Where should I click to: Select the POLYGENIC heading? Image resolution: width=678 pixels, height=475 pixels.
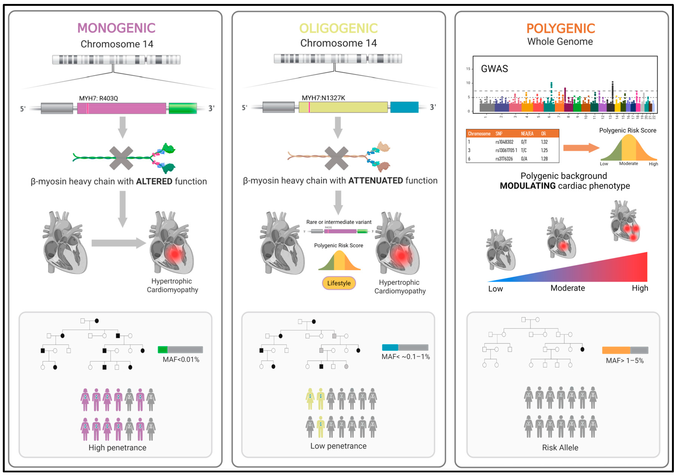(561, 28)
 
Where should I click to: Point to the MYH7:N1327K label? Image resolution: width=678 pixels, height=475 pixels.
(323, 98)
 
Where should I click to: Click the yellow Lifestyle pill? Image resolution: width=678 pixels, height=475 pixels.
(339, 283)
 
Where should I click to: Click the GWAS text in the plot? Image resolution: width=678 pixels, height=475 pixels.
(494, 69)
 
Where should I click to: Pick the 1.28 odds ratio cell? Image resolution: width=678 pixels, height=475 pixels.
(544, 159)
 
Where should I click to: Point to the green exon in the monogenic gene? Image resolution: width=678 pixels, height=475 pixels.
(183, 108)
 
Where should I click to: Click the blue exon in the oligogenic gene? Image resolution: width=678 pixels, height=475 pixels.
(404, 107)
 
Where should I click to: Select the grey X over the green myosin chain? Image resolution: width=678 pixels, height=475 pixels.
(121, 158)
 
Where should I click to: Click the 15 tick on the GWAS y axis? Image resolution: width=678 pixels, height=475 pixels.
(468, 69)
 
